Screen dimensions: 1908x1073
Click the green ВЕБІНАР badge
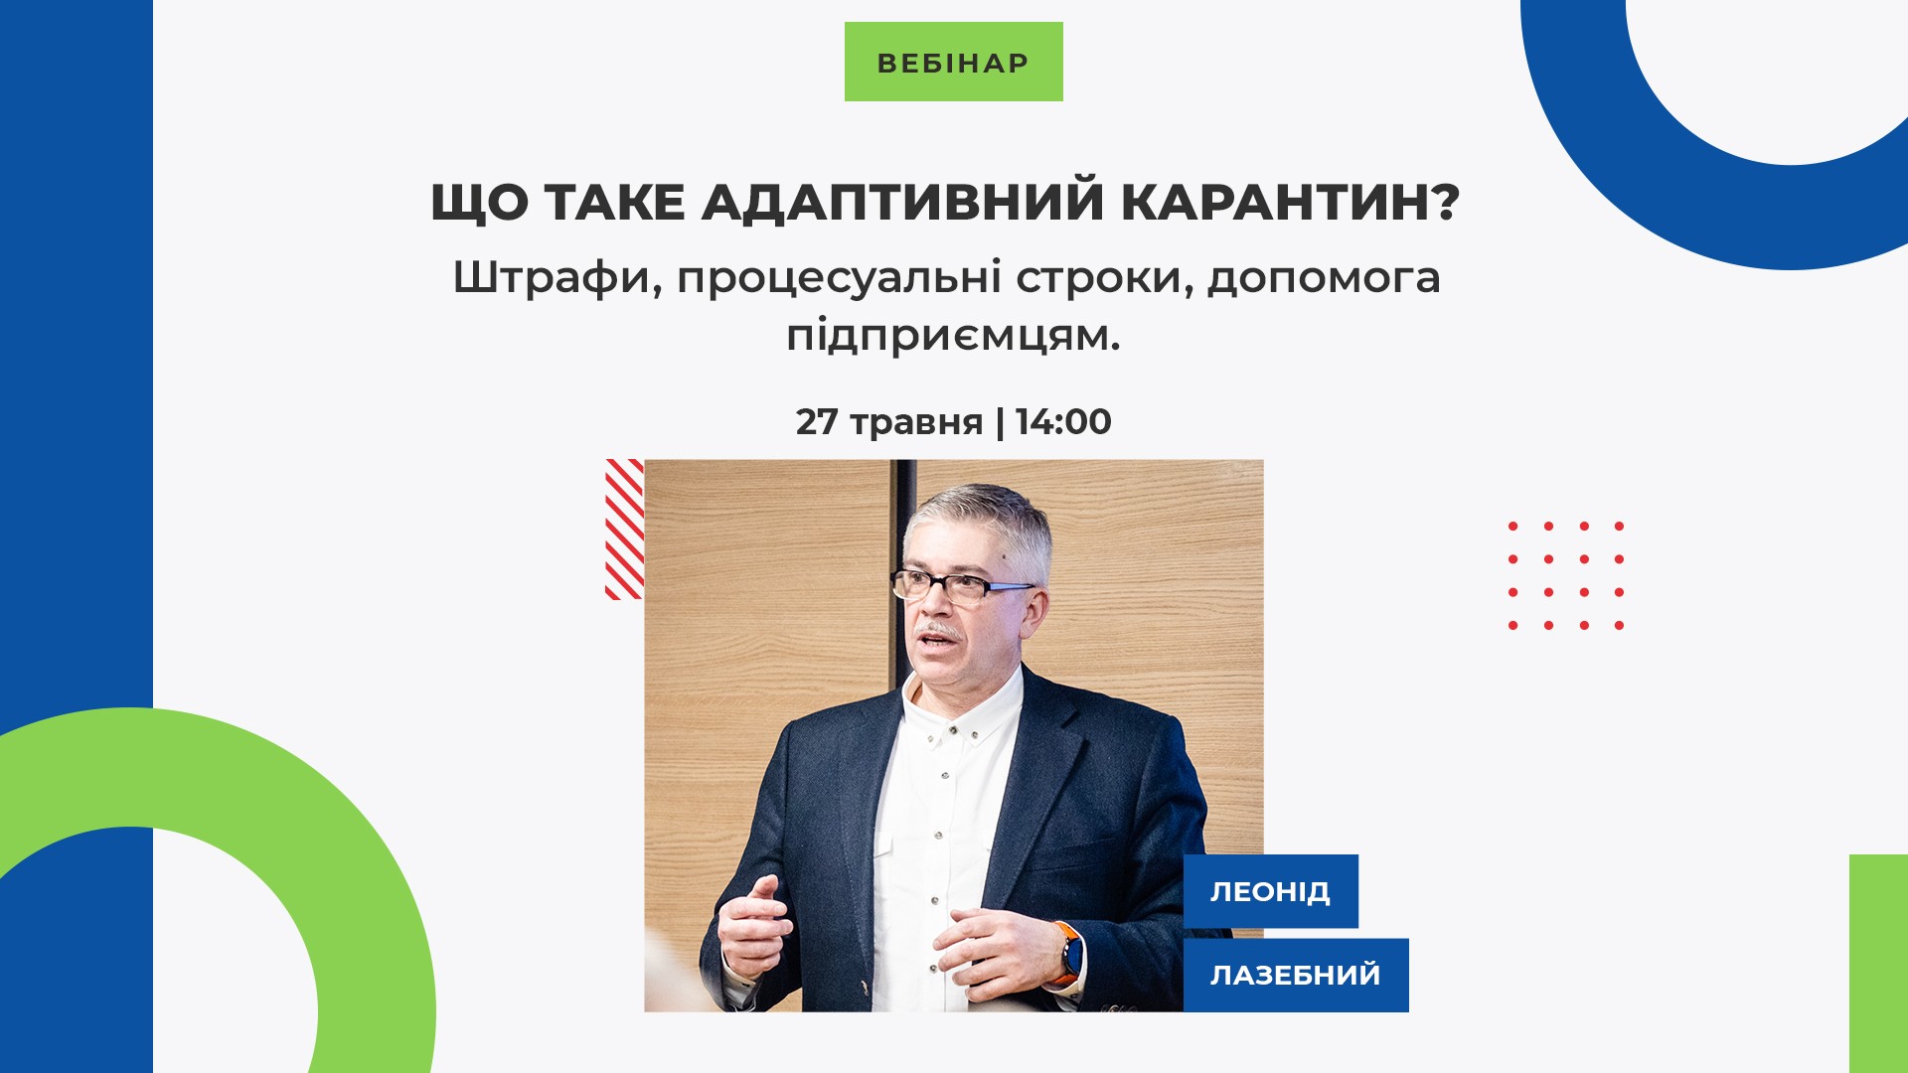tap(953, 62)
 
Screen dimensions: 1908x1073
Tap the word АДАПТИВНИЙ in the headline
tap(903, 202)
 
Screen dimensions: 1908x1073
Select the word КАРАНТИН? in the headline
tap(1291, 201)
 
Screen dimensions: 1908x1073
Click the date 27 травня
tap(889, 422)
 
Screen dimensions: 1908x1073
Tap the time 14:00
tap(1063, 421)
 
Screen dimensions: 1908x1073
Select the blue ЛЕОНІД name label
tap(1270, 891)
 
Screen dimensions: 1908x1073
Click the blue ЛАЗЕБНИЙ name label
tap(1296, 975)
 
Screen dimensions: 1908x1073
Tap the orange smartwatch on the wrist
tap(1069, 952)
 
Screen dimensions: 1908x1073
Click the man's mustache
tap(938, 632)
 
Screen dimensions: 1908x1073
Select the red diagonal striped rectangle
tap(624, 529)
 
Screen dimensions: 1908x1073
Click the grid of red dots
tap(1566, 575)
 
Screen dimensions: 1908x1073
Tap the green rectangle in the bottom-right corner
tap(1878, 963)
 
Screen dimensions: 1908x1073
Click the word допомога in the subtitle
tap(1324, 278)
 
